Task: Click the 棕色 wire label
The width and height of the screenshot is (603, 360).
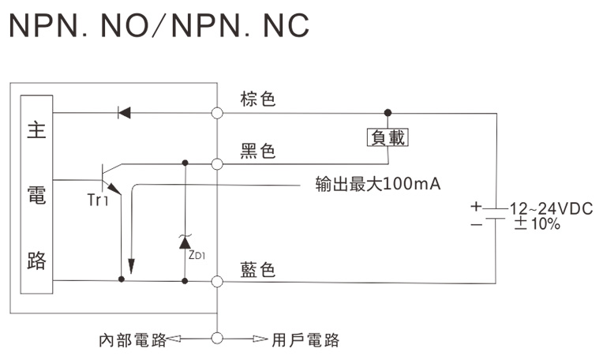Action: pyautogui.click(x=257, y=99)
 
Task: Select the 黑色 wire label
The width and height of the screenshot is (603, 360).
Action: pyautogui.click(x=257, y=151)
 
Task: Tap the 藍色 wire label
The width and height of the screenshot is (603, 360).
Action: pyautogui.click(x=257, y=270)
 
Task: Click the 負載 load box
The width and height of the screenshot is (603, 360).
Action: pyautogui.click(x=388, y=137)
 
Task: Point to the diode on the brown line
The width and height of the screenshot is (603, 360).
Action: pyautogui.click(x=124, y=113)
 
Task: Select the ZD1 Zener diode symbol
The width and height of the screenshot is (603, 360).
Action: pyautogui.click(x=185, y=241)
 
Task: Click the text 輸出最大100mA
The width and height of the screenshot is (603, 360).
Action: pyautogui.click(x=377, y=185)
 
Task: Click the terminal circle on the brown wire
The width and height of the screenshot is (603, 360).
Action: pyautogui.click(x=217, y=113)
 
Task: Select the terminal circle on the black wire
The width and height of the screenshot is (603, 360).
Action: pyautogui.click(x=217, y=164)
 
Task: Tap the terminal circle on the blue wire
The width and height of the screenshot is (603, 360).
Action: pyautogui.click(x=217, y=279)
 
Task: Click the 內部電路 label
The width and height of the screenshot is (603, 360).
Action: pyautogui.click(x=132, y=339)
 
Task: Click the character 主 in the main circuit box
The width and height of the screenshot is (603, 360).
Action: pyautogui.click(x=36, y=130)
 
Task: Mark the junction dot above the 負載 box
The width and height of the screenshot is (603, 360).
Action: pyautogui.click(x=387, y=113)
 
